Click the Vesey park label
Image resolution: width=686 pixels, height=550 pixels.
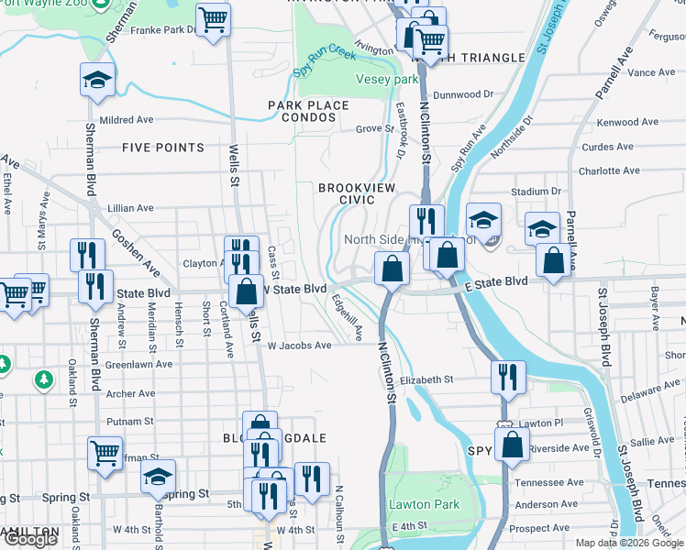point(386,80)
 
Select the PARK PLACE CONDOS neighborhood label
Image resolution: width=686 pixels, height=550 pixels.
point(308,111)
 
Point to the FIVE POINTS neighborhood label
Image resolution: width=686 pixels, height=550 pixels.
point(162,148)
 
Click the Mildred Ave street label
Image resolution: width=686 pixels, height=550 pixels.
point(127,119)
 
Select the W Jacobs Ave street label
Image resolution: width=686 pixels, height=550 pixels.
point(299,346)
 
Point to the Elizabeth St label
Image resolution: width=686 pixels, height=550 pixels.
point(426,379)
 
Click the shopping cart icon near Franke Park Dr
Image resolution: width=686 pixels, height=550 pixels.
point(213,19)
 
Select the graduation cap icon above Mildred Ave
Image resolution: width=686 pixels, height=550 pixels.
point(96,80)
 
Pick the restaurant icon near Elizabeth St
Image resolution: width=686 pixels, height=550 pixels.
point(507,376)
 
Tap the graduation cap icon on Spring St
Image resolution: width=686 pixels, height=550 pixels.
point(158,477)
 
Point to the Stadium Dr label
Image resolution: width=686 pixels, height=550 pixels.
point(536,192)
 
